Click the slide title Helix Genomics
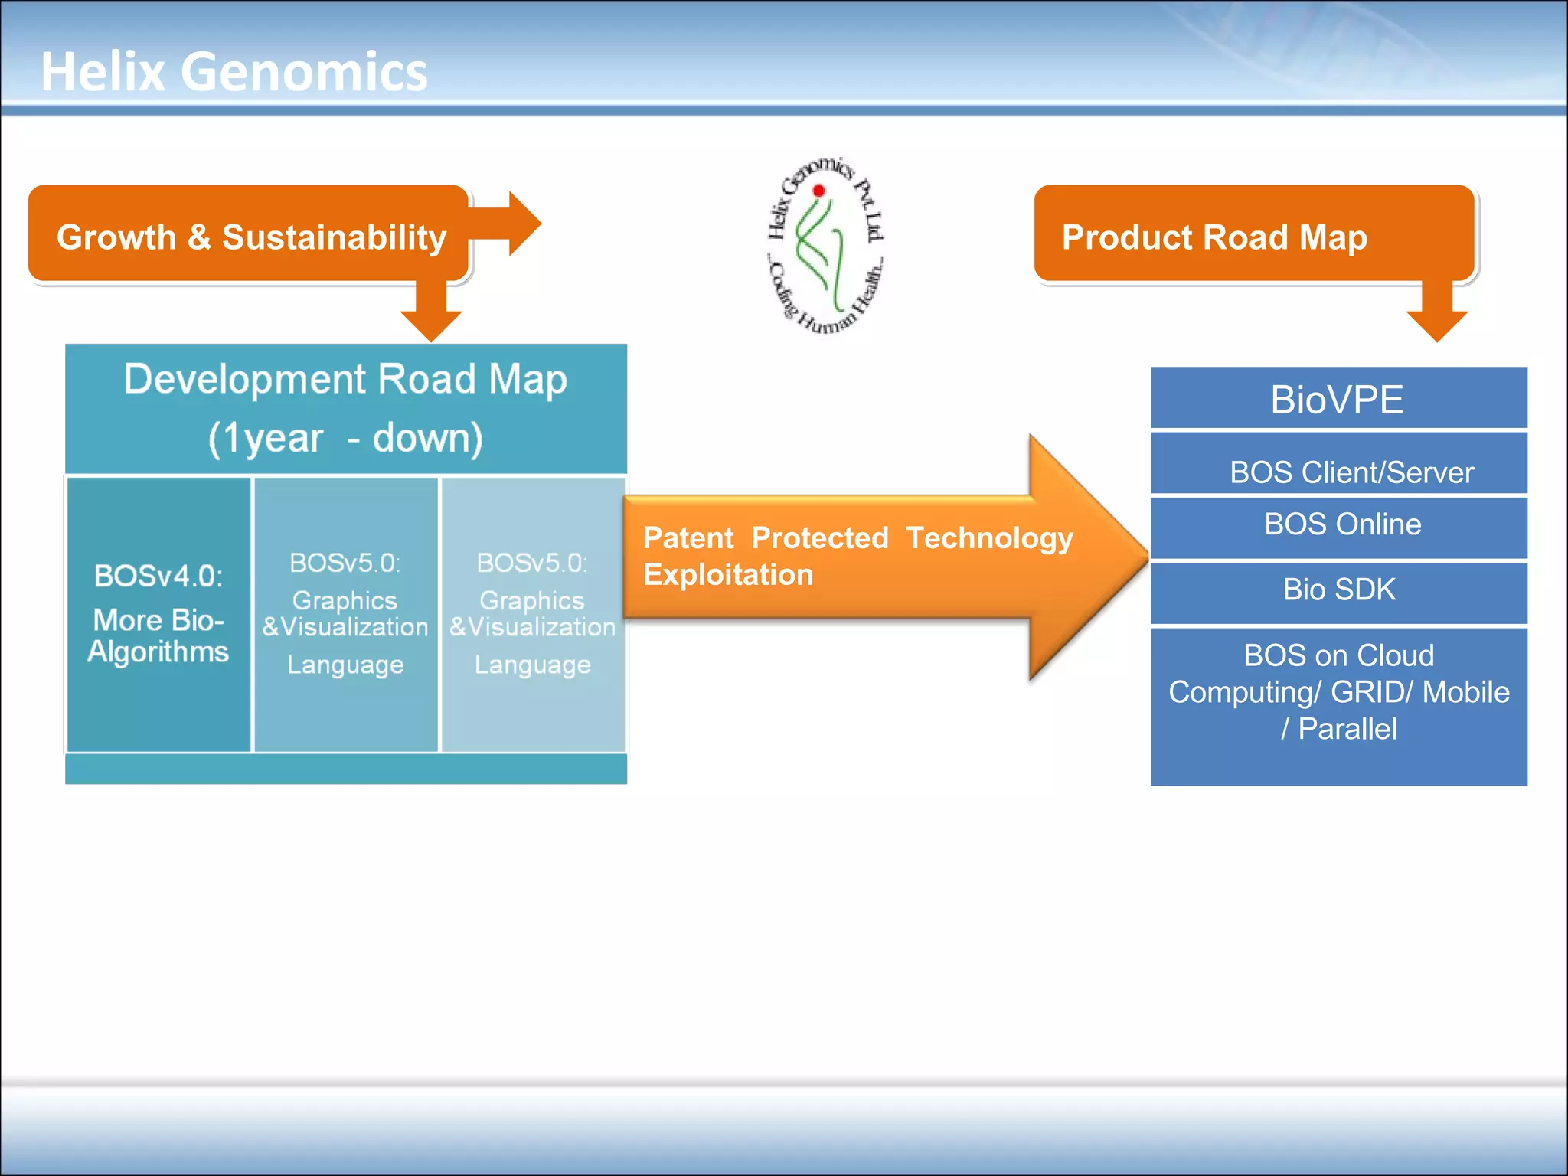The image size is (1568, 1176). click(234, 72)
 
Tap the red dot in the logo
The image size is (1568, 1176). click(818, 191)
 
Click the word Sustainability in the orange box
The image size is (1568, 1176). click(334, 237)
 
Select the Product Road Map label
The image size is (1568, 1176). click(1214, 237)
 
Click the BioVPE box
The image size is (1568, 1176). click(1338, 399)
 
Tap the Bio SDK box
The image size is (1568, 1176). click(1339, 590)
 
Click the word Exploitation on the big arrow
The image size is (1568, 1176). click(728, 575)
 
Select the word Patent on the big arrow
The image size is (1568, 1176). click(688, 538)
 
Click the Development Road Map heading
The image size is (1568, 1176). click(345, 379)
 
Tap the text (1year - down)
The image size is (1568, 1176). click(345, 439)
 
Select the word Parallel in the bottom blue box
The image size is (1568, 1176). click(1347, 729)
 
